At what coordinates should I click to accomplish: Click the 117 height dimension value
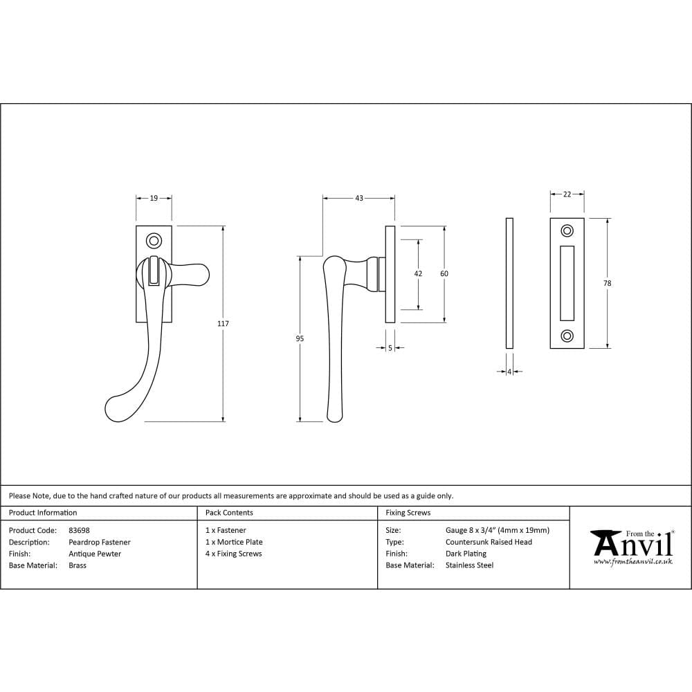[x=223, y=324]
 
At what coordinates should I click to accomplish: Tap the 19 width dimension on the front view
[x=154, y=198]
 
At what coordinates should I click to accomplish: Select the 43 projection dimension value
[x=359, y=199]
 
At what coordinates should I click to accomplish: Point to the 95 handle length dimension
[x=300, y=338]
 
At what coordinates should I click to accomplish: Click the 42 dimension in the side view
[x=418, y=274]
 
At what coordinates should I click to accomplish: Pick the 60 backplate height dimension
[x=444, y=274]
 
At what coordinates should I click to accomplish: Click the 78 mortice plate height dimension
[x=608, y=283]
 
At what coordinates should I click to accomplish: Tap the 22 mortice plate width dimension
[x=567, y=194]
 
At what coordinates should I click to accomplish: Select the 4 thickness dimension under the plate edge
[x=509, y=372]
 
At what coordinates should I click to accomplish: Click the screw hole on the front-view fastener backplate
[x=154, y=241]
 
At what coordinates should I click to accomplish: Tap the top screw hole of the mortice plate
[x=567, y=230]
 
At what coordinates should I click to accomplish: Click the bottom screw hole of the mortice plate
[x=567, y=336]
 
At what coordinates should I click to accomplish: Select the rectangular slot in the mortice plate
[x=567, y=283]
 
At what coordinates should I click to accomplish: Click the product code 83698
[x=80, y=531]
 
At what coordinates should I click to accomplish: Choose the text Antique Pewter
[x=95, y=554]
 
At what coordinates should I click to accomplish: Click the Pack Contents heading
[x=229, y=513]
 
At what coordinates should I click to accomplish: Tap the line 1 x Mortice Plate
[x=234, y=542]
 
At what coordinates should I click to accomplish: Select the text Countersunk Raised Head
[x=489, y=542]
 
